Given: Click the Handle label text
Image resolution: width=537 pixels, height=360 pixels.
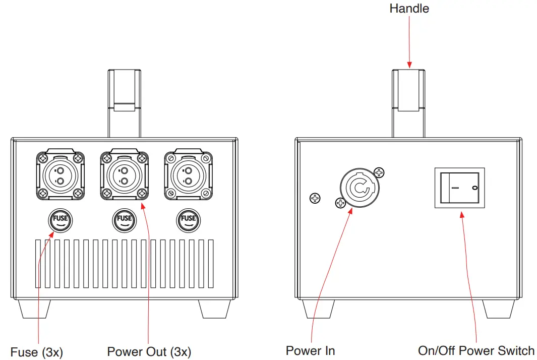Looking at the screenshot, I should (x=409, y=9).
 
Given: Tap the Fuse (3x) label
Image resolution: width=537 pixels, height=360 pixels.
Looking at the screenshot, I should (x=37, y=351).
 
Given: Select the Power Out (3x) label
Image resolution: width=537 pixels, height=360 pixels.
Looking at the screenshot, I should (x=149, y=351).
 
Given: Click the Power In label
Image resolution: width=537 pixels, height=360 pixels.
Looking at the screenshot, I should (x=310, y=350).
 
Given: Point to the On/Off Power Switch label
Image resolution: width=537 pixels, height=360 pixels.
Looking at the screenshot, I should (x=476, y=350).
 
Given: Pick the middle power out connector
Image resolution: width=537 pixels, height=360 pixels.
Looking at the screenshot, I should (x=124, y=175).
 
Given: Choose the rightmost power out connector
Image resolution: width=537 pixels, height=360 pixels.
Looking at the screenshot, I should (x=188, y=175).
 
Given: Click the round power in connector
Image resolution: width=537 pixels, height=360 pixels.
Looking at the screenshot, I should (x=359, y=188).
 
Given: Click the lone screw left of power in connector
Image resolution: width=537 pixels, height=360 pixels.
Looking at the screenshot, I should (x=315, y=198).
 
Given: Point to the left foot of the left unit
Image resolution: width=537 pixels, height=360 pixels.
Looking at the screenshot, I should (x=36, y=309).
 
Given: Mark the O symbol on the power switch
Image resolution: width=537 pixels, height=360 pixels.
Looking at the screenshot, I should (x=474, y=188).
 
